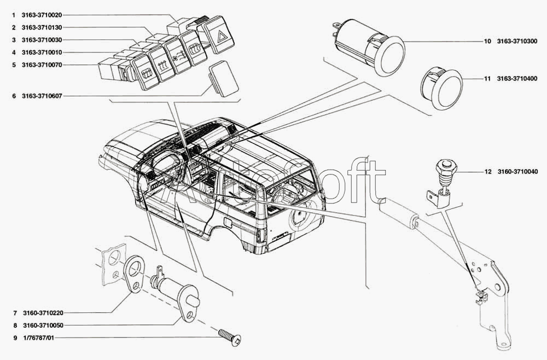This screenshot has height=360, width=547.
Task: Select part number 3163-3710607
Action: click(x=42, y=96)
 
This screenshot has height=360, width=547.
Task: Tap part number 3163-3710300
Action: click(x=517, y=42)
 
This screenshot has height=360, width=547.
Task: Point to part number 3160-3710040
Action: click(x=517, y=172)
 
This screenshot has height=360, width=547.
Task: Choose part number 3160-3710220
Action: click(x=42, y=313)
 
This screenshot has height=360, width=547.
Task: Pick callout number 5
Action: click(x=13, y=65)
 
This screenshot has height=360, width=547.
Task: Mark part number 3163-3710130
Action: click(x=42, y=27)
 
